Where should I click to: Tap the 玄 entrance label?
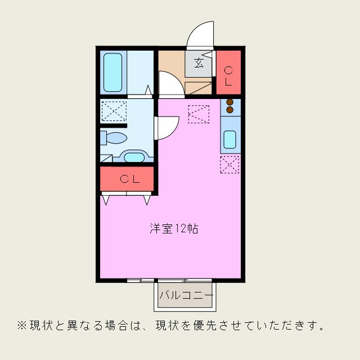200,63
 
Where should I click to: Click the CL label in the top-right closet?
228,76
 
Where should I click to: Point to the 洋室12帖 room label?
173,229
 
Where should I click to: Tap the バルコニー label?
185,295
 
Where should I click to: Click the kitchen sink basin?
229,139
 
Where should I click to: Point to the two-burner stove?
230,106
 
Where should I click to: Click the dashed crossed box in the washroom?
114,111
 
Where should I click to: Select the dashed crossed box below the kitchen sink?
229,164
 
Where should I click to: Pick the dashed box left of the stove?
199,114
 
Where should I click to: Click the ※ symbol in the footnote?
22,325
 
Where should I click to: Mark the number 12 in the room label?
180,229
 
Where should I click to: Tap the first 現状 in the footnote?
40,325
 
